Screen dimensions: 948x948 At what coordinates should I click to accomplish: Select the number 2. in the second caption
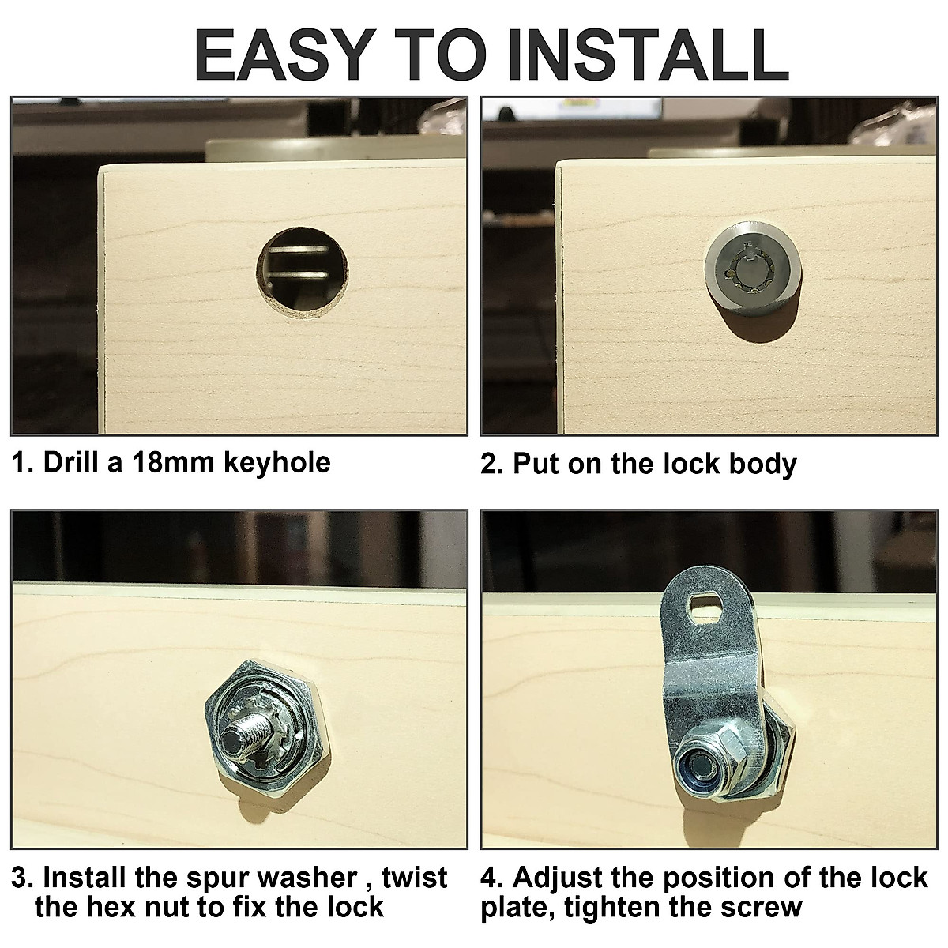[491, 464]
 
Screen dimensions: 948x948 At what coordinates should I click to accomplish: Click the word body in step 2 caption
[762, 464]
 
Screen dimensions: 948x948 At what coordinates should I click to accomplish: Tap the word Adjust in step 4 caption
[563, 878]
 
